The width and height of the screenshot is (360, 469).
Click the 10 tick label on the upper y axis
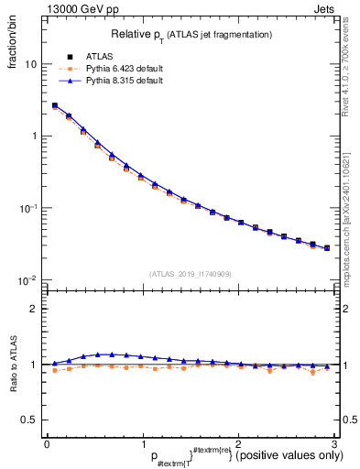(x=30, y=65)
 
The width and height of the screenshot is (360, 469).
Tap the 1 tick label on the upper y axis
(x=33, y=136)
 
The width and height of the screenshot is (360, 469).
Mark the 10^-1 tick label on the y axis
(x=28, y=208)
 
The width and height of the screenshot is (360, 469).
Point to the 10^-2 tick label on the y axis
(x=28, y=279)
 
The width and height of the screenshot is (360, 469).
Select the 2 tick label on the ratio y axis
(x=33, y=309)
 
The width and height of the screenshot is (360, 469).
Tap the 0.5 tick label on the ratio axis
(x=28, y=420)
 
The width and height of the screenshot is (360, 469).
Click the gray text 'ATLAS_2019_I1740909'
(x=191, y=273)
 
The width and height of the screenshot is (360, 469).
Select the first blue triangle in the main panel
(x=54, y=105)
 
